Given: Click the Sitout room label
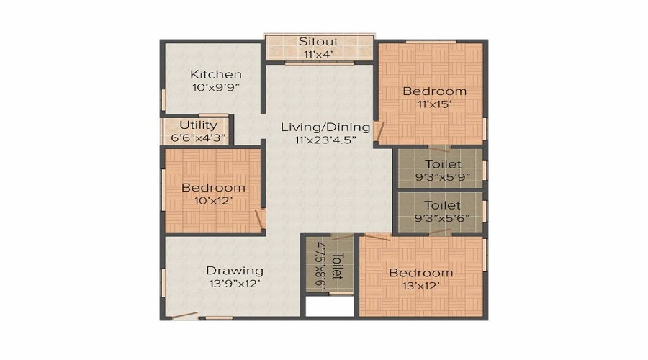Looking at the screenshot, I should tap(318, 41).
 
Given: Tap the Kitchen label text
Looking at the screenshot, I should tap(215, 75).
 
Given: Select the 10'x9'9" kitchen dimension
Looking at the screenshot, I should tap(215, 88).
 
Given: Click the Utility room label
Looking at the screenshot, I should tap(198, 125).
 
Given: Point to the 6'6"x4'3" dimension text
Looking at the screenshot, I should tap(198, 138).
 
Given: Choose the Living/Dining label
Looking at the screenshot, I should tap(325, 127).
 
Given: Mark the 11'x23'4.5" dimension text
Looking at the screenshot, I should tap(325, 140).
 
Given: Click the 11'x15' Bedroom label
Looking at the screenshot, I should tap(434, 91).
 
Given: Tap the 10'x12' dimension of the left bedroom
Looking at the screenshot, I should tap(213, 201).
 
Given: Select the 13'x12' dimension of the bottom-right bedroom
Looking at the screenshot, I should tap(421, 286).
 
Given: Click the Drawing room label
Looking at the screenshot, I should tap(235, 271).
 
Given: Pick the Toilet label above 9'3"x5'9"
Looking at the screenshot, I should tap(443, 163).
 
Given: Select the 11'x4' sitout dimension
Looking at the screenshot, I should tap(318, 54).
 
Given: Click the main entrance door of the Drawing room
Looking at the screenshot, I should tap(184, 315).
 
